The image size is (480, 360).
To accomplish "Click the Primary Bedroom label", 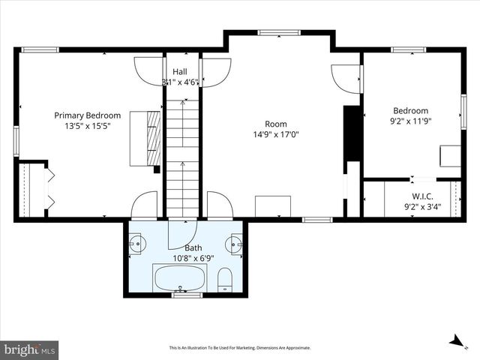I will click(87, 115).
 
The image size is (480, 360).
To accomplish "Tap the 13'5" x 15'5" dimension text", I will click(87, 127).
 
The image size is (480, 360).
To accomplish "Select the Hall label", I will click(180, 71).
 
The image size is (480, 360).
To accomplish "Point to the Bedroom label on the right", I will click(410, 110).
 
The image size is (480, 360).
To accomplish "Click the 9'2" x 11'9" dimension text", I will click(410, 121).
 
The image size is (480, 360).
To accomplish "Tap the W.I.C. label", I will click(422, 196).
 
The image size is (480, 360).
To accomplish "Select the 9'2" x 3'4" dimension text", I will click(422, 207).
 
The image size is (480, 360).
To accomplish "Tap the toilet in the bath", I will click(225, 280).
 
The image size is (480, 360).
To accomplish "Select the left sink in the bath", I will click(136, 244).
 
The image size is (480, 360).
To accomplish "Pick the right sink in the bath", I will click(235, 244).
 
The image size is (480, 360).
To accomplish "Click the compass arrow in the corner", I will click(455, 340).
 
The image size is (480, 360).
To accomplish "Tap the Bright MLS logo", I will click(30, 349).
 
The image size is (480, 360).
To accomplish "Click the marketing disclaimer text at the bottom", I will click(240, 348).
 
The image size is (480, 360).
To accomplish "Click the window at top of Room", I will click(279, 32).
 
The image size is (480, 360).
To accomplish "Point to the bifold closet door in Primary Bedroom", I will click(51, 189).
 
